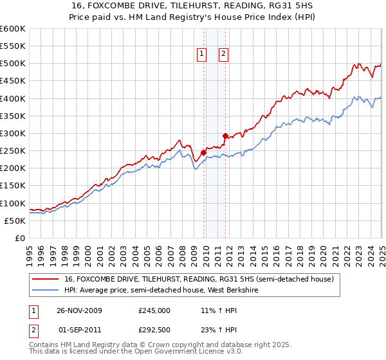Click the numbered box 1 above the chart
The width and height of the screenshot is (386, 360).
(202, 55)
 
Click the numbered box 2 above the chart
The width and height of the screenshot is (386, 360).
(223, 55)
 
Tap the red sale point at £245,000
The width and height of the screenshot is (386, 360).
(203, 152)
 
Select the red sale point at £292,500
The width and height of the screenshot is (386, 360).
(225, 136)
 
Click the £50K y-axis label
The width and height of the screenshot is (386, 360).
(15, 221)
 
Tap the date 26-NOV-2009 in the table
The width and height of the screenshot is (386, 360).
(78, 310)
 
